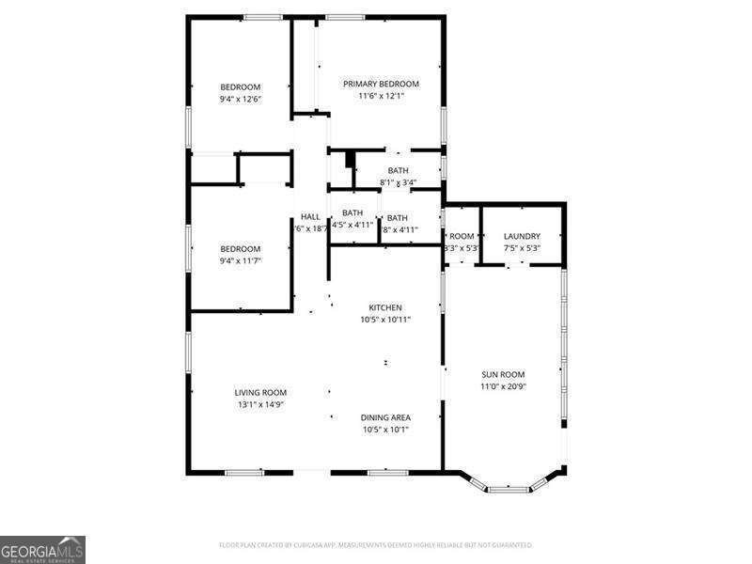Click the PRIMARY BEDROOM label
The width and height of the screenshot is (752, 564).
[381, 84]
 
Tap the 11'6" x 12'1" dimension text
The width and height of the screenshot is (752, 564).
[381, 96]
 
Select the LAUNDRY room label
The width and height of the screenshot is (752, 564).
[522, 236]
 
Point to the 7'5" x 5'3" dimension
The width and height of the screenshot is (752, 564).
[522, 248]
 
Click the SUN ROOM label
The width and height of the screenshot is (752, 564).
[502, 374]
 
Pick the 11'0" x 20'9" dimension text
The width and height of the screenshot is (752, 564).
[502, 386]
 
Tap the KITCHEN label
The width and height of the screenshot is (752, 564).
[385, 307]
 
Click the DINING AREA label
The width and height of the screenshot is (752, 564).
[385, 417]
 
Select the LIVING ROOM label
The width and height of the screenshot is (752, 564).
[260, 392]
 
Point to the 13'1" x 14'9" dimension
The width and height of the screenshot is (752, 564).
[260, 404]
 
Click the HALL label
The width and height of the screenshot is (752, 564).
[310, 217]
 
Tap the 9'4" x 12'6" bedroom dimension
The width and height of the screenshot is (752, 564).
[241, 100]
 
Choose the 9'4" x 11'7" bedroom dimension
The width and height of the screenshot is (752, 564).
[241, 260]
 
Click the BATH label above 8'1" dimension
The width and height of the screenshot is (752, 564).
[398, 170]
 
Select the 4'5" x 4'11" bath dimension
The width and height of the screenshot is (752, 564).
[352, 226]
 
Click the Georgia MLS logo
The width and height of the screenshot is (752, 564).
[42, 548]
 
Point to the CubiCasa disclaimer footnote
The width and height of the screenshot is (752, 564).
[376, 545]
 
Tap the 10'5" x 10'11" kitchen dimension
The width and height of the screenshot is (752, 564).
[385, 320]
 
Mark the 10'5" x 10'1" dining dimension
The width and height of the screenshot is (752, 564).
[385, 430]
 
